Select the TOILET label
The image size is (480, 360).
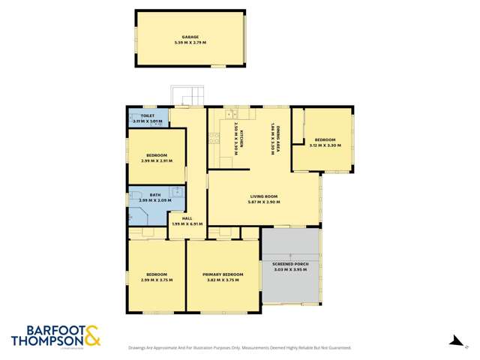pos(148,115)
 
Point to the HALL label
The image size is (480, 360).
pos(177,218)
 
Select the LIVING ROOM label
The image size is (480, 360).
pos(265,196)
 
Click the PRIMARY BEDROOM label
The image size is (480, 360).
pos(223,274)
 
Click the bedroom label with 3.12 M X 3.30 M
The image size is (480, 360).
pos(325,139)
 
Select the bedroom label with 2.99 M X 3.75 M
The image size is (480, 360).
pos(157,274)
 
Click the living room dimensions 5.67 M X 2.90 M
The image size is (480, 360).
pos(265,202)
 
